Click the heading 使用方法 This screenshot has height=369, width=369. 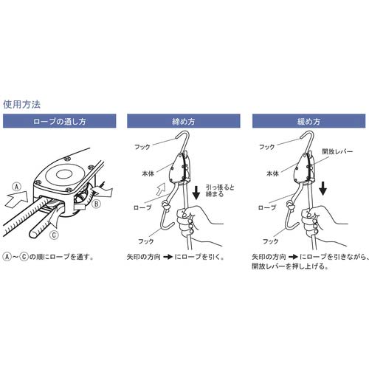click(x=21, y=104)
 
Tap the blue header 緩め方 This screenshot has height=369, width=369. click(x=306, y=120)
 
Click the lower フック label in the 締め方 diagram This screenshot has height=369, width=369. click(x=148, y=241)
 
